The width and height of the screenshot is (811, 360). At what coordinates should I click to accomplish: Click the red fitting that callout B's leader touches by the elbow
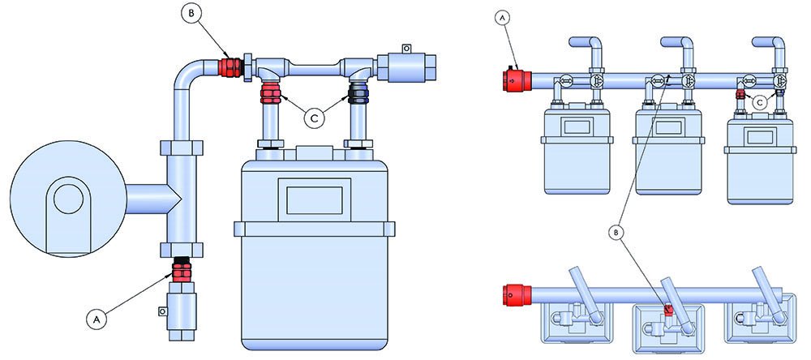[230, 68]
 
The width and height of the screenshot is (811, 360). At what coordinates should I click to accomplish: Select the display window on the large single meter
[315, 200]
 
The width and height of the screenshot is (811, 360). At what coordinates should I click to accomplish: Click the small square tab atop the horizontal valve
[407, 48]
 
